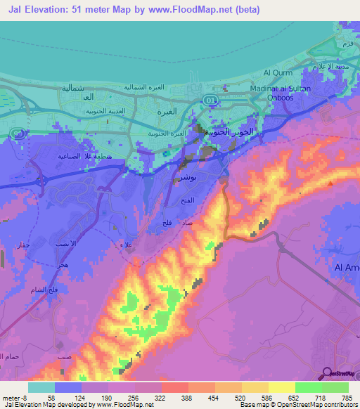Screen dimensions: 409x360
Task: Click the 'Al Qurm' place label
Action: click(x=278, y=72)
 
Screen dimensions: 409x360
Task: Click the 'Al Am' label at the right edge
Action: click(x=347, y=267)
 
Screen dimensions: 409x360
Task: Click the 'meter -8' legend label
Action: click(x=15, y=397)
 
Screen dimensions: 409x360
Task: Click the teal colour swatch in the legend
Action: click(x=41, y=387)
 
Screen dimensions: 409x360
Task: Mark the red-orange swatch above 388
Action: click(x=174, y=387)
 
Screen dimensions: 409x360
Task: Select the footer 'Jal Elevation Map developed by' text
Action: click(x=49, y=405)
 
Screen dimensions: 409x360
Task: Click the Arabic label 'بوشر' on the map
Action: click(x=181, y=179)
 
